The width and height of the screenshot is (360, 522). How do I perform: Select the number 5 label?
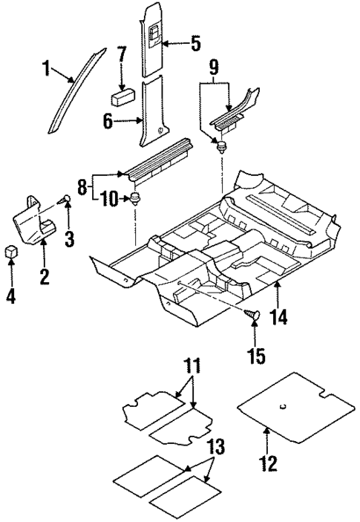pos(195,44)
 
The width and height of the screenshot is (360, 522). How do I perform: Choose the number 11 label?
pos(193,366)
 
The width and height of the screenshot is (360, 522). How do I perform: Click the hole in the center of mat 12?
pos(284,405)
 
